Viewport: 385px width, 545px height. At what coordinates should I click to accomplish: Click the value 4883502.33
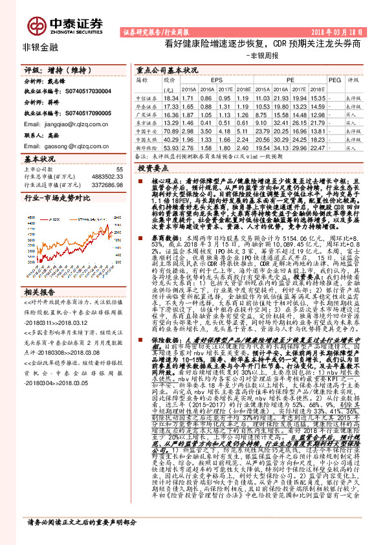click(105, 177)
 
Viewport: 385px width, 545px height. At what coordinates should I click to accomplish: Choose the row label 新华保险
click(144, 147)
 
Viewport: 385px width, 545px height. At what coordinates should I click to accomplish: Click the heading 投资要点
click(154, 167)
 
